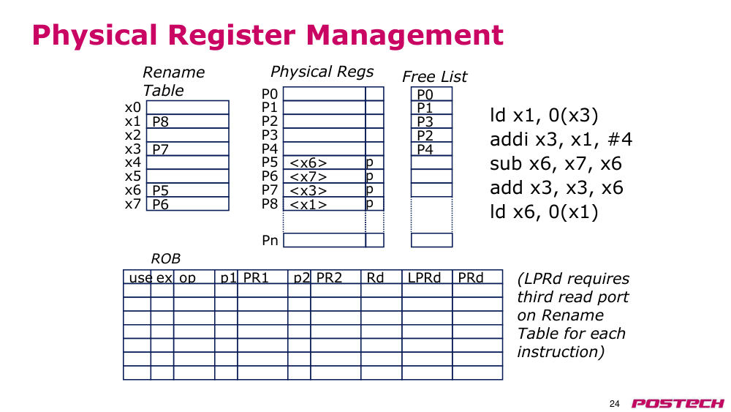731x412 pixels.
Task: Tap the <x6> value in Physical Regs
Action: pos(308,163)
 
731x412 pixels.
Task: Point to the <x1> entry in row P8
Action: pos(308,204)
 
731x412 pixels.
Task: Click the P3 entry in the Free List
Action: pos(425,121)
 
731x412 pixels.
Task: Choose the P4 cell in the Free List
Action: pos(425,149)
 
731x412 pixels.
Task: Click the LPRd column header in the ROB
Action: pos(424,277)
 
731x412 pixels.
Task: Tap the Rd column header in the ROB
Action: pos(375,277)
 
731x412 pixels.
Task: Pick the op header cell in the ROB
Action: pos(187,278)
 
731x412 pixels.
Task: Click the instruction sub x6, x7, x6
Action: pos(556,164)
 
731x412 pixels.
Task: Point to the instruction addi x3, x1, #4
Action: pos(561,140)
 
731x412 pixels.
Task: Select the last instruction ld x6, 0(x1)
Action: pos(544,211)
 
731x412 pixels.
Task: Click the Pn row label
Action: pos(270,240)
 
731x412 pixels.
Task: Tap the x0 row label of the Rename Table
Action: pos(133,108)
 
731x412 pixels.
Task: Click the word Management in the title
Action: pos(405,35)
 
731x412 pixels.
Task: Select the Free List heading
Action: pos(434,77)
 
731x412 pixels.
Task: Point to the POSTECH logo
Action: pos(678,404)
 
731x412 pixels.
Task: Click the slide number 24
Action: pos(615,404)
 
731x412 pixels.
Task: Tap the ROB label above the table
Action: pos(165,258)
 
